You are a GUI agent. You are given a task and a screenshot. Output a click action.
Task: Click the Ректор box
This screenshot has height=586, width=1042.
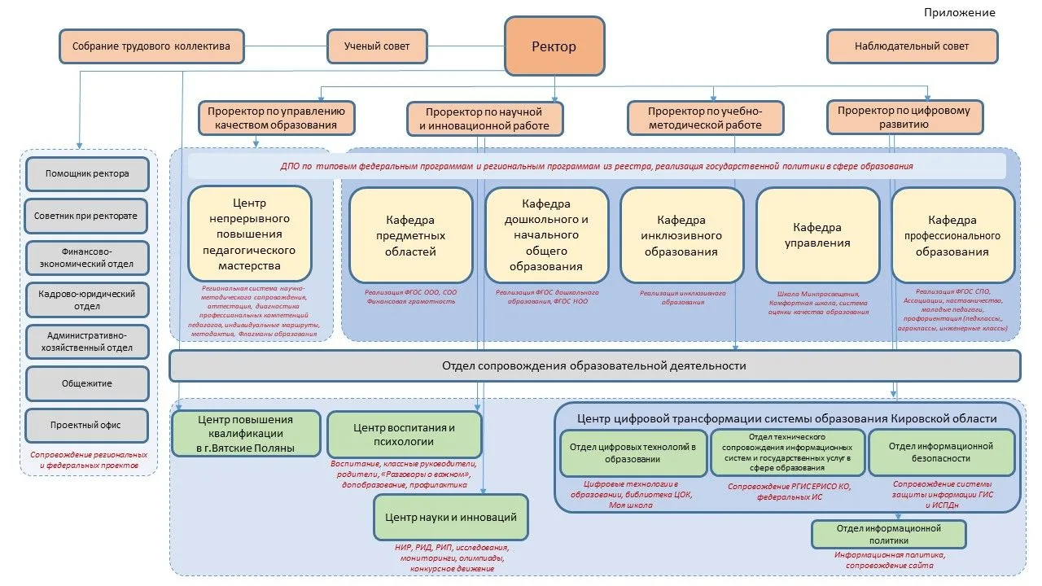pos(554,46)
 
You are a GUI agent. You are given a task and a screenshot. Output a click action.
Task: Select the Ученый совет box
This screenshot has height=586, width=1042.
pos(377,46)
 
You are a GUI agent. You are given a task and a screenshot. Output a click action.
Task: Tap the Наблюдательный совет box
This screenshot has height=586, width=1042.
pos(912,46)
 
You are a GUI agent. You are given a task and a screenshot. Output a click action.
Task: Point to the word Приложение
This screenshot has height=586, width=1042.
pos(959,12)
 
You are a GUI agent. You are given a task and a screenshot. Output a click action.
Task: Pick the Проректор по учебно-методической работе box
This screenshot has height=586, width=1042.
pos(705,117)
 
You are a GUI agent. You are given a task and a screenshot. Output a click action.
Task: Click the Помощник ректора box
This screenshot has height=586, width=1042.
pos(87,173)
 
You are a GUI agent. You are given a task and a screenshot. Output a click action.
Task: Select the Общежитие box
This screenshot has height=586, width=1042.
pos(87,383)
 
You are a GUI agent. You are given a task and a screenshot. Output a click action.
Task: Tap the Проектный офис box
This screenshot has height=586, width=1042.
pos(87,426)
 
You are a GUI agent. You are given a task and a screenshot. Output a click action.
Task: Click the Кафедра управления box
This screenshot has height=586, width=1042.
pos(817,234)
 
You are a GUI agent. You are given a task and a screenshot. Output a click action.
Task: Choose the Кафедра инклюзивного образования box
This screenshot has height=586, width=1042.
pos(682,234)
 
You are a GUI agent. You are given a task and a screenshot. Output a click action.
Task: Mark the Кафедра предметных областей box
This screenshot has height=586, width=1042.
pos(410,234)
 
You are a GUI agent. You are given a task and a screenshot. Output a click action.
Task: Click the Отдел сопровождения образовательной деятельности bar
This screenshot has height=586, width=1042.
pos(594,366)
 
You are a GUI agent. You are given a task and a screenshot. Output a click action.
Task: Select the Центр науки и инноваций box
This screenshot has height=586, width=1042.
pos(451,517)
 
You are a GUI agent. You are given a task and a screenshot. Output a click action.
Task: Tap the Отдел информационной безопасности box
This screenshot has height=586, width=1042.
pos(941,453)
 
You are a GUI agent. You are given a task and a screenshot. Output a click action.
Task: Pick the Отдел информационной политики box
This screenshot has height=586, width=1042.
pos(888,534)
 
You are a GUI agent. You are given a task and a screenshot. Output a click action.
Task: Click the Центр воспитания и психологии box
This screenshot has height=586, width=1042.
pos(404,435)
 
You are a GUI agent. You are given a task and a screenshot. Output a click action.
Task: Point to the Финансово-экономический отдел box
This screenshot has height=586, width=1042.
pos(87,258)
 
